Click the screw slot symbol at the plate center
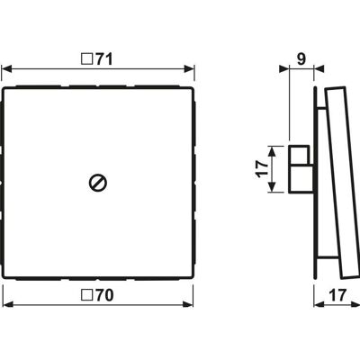pos(98,183)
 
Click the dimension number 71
pos(104,59)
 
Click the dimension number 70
pos(104,295)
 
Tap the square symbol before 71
pos(87,59)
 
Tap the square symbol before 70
pos(87,295)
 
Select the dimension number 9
pos(301,59)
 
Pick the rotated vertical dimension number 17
pos(262,169)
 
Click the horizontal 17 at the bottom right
pos(337,295)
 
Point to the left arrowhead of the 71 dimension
pos(6,69)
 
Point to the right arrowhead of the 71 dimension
pos(189,69)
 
